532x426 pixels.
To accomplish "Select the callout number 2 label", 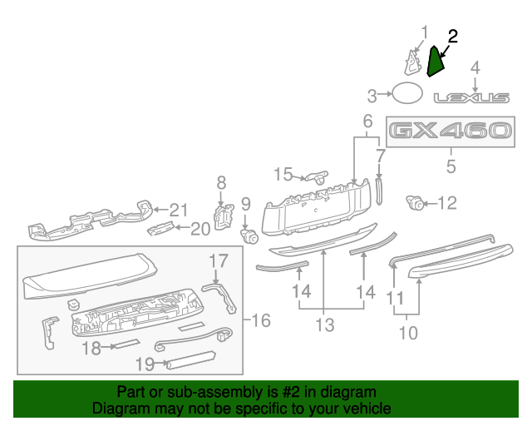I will click(x=453, y=36).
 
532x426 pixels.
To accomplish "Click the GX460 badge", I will click(x=450, y=131).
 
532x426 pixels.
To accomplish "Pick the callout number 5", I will click(x=451, y=166).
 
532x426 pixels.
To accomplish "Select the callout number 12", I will click(x=447, y=202).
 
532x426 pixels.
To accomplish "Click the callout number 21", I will click(x=180, y=210).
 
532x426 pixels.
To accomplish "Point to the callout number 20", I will click(x=200, y=229).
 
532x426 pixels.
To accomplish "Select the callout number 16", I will click(x=260, y=320).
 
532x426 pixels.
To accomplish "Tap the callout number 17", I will click(x=218, y=261).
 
